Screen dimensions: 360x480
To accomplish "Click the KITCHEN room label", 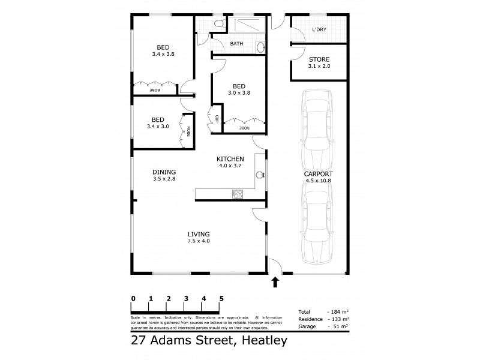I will (230, 158).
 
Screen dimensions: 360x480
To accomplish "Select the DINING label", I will (164, 172).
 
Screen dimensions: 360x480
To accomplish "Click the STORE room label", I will (319, 59).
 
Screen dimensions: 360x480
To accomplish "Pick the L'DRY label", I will (319, 29).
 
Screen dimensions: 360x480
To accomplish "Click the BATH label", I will (237, 44).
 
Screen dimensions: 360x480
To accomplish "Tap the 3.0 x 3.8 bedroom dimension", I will (239, 93).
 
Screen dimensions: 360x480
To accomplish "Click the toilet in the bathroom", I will (220, 23).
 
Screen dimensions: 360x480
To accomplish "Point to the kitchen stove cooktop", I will (237, 193).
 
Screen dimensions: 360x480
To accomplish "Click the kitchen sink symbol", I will (260, 175).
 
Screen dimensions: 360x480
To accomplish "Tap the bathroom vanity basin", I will (259, 47).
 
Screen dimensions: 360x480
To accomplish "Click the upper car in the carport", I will (317, 129).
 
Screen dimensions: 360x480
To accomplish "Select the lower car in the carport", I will (317, 222).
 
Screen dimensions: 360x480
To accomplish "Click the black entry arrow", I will (275, 281).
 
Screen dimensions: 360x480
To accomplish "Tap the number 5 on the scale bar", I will (221, 298).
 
